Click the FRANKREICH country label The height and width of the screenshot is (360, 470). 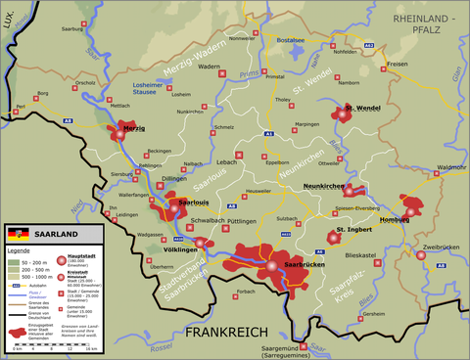(x=227, y=334)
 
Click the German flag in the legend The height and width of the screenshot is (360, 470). (x=15, y=236)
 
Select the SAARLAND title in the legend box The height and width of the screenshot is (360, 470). (x=50, y=236)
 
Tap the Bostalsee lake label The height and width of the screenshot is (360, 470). (x=291, y=40)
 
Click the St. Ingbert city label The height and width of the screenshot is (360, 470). (x=355, y=230)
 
